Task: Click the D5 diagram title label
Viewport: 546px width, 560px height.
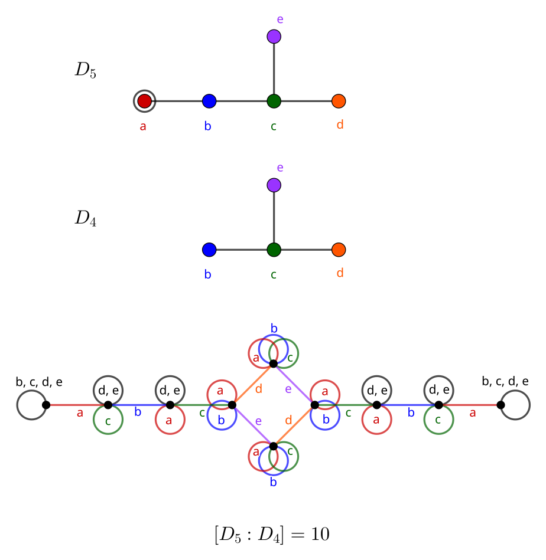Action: (85, 71)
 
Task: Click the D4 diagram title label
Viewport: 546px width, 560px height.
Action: (85, 219)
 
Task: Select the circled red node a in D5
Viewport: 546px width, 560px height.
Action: (145, 101)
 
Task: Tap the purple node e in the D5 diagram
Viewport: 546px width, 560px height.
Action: (274, 37)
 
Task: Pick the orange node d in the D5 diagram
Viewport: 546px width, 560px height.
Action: (339, 101)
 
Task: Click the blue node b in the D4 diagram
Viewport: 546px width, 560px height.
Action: (209, 250)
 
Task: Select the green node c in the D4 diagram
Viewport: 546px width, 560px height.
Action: (274, 250)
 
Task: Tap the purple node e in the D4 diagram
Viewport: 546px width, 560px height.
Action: (274, 185)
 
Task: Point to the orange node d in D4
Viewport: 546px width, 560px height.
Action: (339, 250)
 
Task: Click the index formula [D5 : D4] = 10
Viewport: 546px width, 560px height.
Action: (272, 535)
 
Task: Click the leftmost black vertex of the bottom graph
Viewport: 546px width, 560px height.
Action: (46, 405)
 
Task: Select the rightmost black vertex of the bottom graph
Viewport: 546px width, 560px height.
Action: (500, 405)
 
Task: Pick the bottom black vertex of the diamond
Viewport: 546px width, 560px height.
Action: (274, 446)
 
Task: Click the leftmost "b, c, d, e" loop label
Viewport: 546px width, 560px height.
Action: (39, 382)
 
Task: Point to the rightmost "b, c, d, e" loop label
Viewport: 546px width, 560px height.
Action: (505, 382)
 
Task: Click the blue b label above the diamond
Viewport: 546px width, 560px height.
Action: (274, 328)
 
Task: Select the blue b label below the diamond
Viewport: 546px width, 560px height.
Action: (274, 483)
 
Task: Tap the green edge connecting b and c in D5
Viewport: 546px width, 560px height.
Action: (241, 101)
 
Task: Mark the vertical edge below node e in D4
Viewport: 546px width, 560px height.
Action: (274, 217)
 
